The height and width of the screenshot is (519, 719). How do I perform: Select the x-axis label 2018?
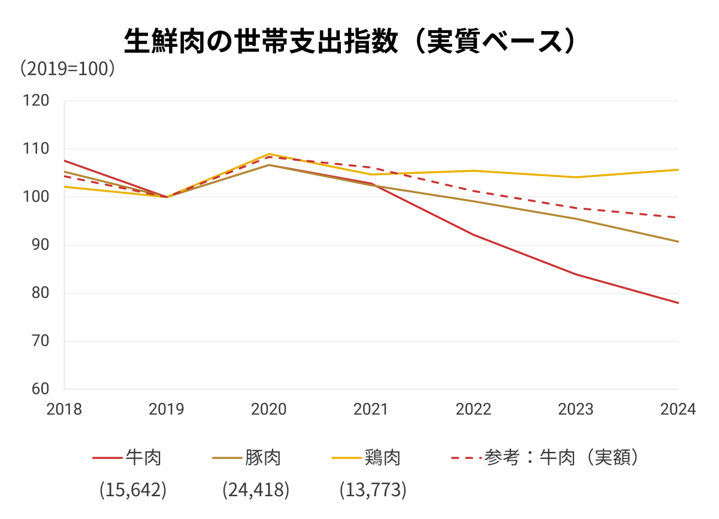64,409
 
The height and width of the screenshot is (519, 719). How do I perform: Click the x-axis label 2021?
371,409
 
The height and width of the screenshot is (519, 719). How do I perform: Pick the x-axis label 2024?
678,409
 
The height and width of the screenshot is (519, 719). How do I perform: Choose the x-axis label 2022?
473,409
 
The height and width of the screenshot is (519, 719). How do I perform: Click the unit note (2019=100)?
67,68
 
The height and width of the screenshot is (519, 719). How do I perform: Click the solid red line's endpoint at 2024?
678,303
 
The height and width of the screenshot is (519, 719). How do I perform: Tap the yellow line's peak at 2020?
269,154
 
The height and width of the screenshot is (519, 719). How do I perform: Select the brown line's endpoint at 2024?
678,242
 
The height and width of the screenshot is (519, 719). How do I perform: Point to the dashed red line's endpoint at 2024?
678,217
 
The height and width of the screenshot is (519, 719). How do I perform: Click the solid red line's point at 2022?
473,234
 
